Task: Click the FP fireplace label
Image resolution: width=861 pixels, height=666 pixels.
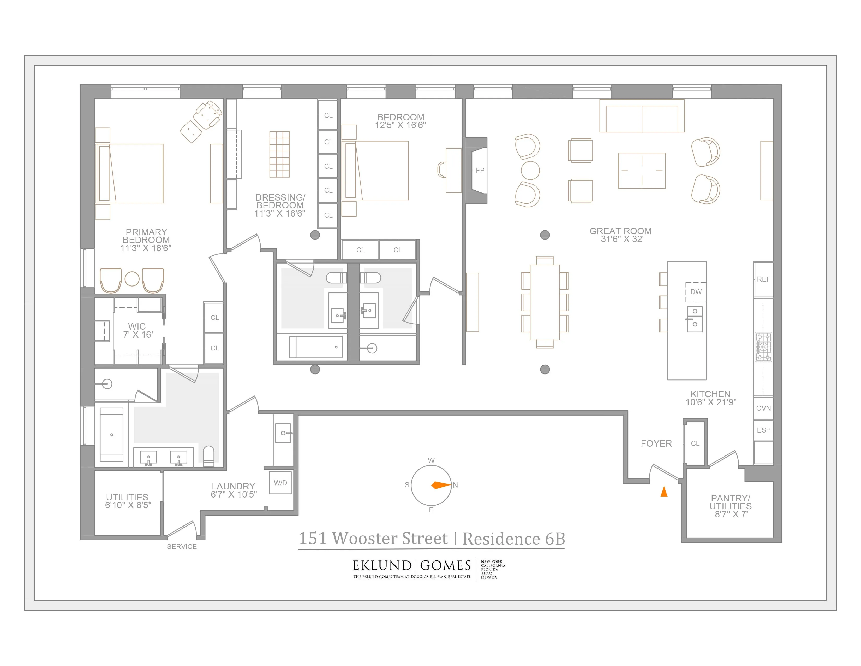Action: pyautogui.click(x=480, y=171)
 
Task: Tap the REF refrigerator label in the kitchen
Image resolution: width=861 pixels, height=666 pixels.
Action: pyautogui.click(x=763, y=279)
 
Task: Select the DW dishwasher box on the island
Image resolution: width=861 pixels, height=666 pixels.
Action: pyautogui.click(x=696, y=291)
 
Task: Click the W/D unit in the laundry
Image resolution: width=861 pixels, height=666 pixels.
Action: pyautogui.click(x=280, y=483)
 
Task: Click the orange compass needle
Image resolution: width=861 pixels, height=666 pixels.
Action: pyautogui.click(x=441, y=485)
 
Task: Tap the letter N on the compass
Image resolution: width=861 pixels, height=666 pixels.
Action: pyautogui.click(x=455, y=485)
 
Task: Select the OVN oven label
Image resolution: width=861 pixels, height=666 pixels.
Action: pyautogui.click(x=763, y=408)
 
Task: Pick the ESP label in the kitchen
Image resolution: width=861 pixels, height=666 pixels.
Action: pyautogui.click(x=763, y=430)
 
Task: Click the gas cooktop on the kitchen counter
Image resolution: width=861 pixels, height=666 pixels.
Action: pyautogui.click(x=763, y=347)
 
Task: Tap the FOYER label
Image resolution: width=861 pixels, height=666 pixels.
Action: pyautogui.click(x=656, y=443)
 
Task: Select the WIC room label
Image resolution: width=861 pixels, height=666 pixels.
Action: pyautogui.click(x=137, y=326)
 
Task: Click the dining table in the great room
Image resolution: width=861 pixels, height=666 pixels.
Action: pyautogui.click(x=545, y=302)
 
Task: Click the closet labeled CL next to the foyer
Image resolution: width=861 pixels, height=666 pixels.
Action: pyautogui.click(x=695, y=443)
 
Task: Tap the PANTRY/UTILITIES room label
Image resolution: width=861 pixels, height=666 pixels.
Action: pyautogui.click(x=731, y=502)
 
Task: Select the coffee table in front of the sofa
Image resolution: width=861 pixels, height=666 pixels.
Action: pyautogui.click(x=642, y=171)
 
